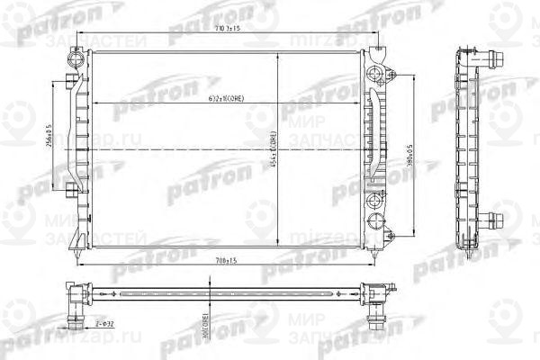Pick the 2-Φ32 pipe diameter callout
point(105,321)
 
